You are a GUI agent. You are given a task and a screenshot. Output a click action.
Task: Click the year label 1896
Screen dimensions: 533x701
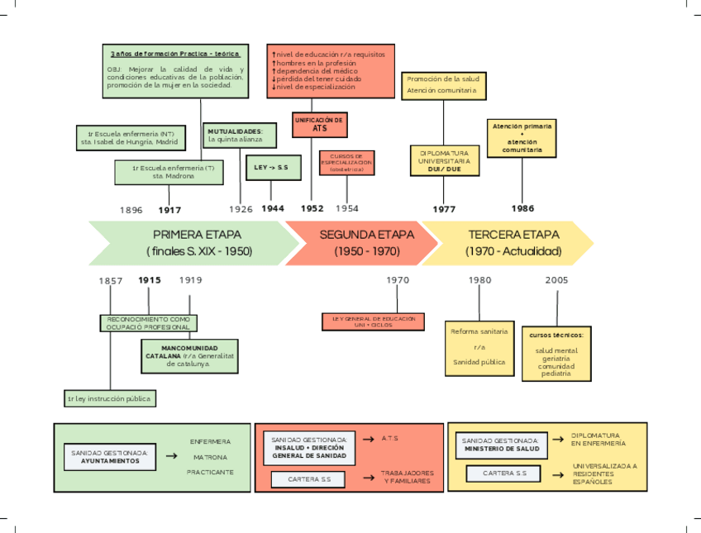click(131, 210)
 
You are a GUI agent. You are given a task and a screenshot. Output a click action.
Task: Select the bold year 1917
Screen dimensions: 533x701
click(169, 210)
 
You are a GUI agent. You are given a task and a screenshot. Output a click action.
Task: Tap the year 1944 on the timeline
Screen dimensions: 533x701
click(273, 208)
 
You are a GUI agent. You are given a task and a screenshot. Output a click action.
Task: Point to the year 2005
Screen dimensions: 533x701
click(556, 280)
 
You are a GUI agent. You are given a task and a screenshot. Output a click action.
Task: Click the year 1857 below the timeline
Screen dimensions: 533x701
click(111, 281)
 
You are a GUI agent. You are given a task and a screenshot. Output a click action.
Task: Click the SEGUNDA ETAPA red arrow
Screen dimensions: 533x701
click(364, 243)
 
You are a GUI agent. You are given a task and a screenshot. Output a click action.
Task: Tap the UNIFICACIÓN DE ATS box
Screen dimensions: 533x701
click(318, 124)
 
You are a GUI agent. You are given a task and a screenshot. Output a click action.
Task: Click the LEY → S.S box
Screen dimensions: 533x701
click(271, 168)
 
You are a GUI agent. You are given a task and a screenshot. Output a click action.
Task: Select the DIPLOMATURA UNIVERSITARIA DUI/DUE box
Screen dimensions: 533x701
click(444, 160)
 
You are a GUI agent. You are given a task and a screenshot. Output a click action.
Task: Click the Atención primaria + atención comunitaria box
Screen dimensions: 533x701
click(522, 138)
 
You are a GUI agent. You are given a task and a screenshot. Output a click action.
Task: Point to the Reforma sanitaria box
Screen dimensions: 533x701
click(479, 347)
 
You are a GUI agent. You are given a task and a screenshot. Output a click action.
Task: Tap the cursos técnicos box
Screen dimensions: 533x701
click(556, 354)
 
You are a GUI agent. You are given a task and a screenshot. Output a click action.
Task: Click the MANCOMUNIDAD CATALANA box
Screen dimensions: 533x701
click(189, 356)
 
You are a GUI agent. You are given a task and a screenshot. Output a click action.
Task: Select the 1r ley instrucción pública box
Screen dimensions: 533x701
click(109, 398)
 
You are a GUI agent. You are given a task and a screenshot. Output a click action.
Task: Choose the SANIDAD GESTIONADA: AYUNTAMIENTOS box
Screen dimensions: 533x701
click(110, 457)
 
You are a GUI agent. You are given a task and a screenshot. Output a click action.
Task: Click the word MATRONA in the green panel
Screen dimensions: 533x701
click(210, 457)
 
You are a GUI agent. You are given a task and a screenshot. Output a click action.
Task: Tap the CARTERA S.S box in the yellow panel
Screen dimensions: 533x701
click(504, 474)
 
